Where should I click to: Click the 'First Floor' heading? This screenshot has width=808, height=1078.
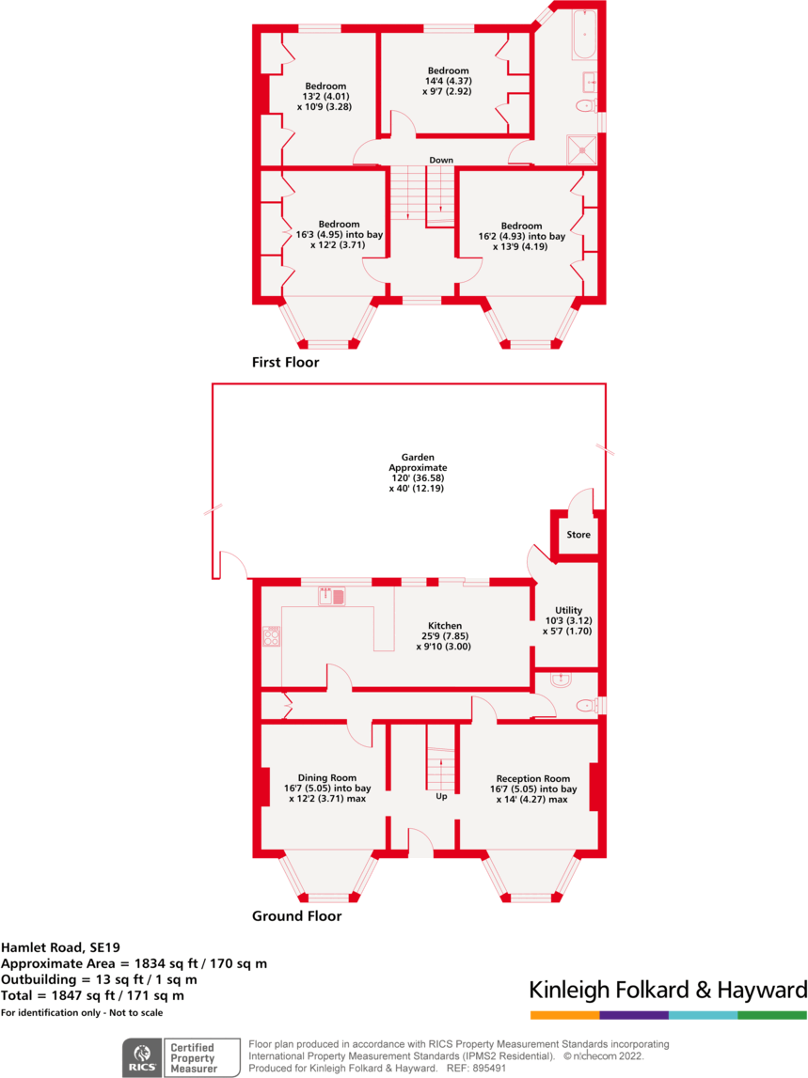click(285, 362)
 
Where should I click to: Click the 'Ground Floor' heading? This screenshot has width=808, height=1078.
click(296, 915)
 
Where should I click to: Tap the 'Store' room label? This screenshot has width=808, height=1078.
click(578, 535)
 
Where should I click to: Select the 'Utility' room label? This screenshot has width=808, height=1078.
click(568, 611)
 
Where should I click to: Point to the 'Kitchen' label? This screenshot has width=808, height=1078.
click(445, 625)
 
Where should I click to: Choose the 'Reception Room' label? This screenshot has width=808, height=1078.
click(533, 778)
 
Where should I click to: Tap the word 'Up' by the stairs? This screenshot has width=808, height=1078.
click(440, 796)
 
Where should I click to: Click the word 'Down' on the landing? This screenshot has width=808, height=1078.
click(441, 161)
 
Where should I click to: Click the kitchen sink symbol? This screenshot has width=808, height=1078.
click(332, 595)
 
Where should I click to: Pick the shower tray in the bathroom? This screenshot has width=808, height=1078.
click(581, 148)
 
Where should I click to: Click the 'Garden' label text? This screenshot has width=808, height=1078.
click(419, 456)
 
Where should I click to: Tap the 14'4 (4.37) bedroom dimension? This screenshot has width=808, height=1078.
click(449, 82)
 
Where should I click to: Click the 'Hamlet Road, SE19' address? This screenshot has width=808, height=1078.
click(61, 947)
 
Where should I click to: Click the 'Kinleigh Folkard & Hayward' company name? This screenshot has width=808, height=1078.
click(668, 990)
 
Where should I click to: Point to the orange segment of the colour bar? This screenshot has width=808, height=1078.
click(564, 1015)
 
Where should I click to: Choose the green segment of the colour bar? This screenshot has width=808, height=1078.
click(772, 1015)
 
